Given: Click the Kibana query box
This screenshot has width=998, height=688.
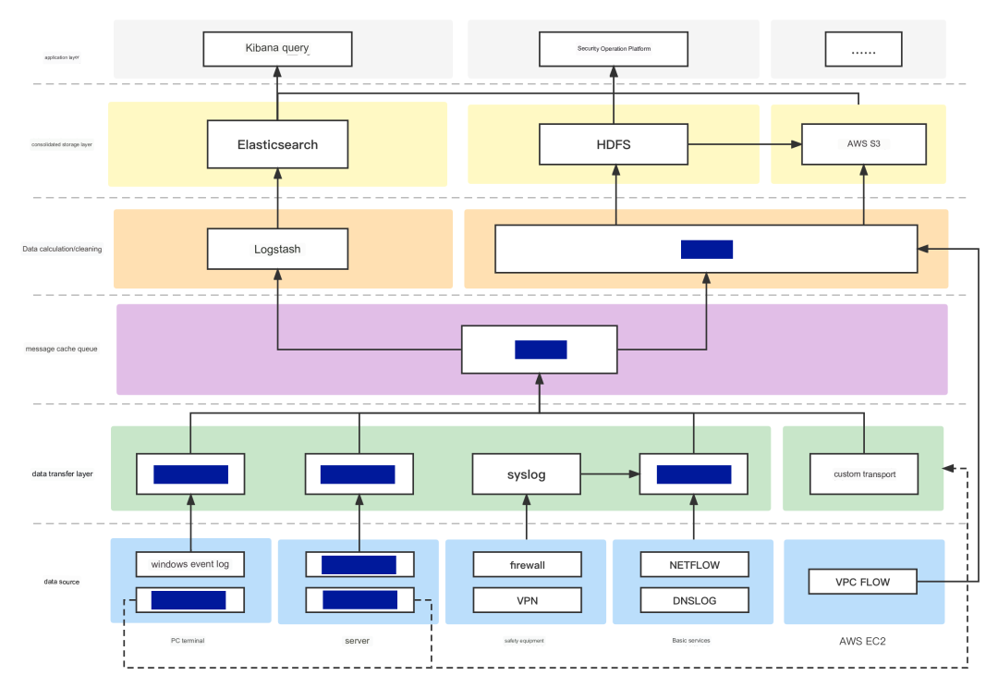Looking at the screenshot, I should tap(277, 48).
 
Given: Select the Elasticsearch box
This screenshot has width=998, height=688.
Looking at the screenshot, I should tap(277, 144).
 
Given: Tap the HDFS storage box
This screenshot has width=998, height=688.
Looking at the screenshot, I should tap(614, 144).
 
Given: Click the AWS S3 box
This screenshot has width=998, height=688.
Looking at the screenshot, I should tap(863, 144).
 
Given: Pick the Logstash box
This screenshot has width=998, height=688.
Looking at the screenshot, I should tap(277, 249).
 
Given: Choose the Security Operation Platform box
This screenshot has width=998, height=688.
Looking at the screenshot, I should tap(614, 48).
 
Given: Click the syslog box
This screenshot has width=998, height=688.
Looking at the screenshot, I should tap(527, 474).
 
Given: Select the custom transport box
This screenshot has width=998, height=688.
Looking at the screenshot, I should tap(864, 474).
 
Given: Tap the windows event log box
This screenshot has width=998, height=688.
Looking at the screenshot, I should tap(190, 564).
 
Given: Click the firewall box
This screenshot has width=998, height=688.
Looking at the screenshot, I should tap(528, 564).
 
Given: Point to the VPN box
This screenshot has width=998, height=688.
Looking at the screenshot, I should tap(528, 600).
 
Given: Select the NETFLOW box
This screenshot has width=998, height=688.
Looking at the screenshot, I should tap(695, 564).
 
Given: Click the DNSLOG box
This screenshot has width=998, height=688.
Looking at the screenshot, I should tap(695, 600).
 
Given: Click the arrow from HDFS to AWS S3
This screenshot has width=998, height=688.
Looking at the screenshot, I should tap(745, 144).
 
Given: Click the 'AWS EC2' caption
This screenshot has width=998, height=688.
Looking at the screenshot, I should tap(863, 640).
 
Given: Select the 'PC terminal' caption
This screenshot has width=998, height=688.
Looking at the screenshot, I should tap(190, 640).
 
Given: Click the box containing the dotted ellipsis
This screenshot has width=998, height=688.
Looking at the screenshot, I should tap(863, 53).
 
